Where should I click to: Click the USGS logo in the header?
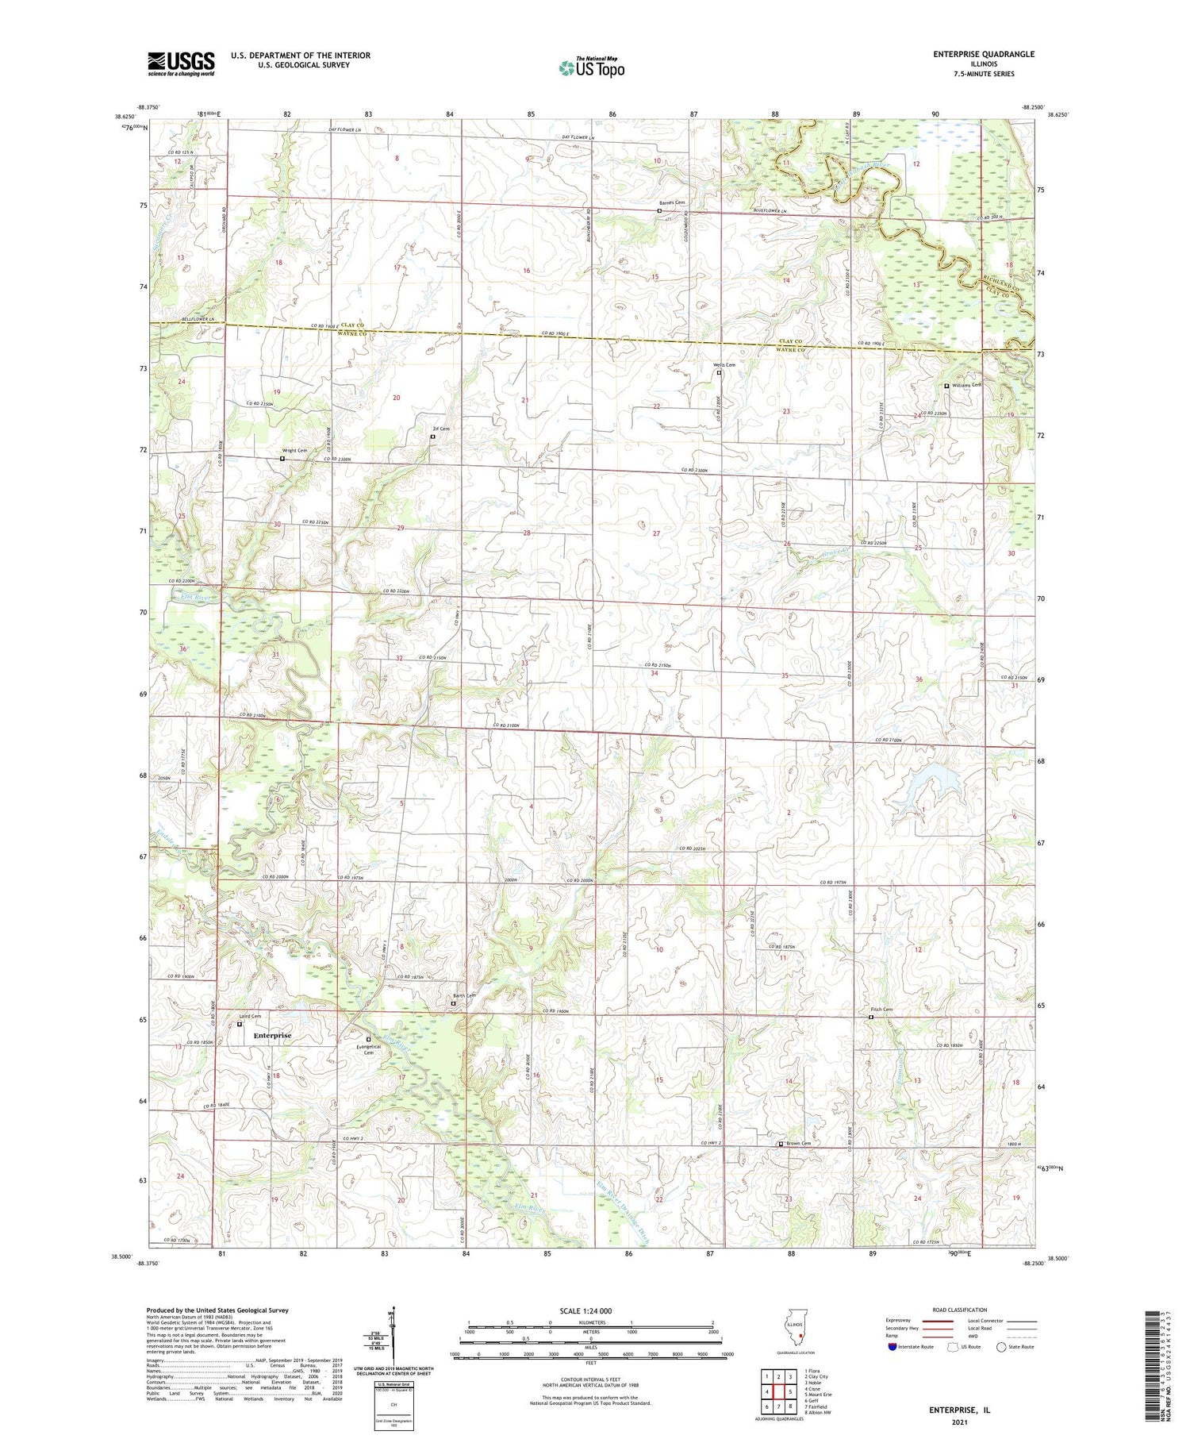[x=181, y=63]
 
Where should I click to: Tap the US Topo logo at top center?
[x=591, y=68]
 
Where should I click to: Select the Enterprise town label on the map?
[x=272, y=1035]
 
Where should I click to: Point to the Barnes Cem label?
[x=672, y=203]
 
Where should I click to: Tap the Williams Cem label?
[x=966, y=385]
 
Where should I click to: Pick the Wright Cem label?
[x=294, y=451]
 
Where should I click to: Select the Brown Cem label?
[x=799, y=1143]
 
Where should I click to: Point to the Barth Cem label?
[x=464, y=996]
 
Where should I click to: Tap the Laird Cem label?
[x=250, y=1016]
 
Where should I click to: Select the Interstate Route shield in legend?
[x=892, y=1347]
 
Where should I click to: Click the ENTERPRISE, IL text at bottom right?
[x=959, y=1410]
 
